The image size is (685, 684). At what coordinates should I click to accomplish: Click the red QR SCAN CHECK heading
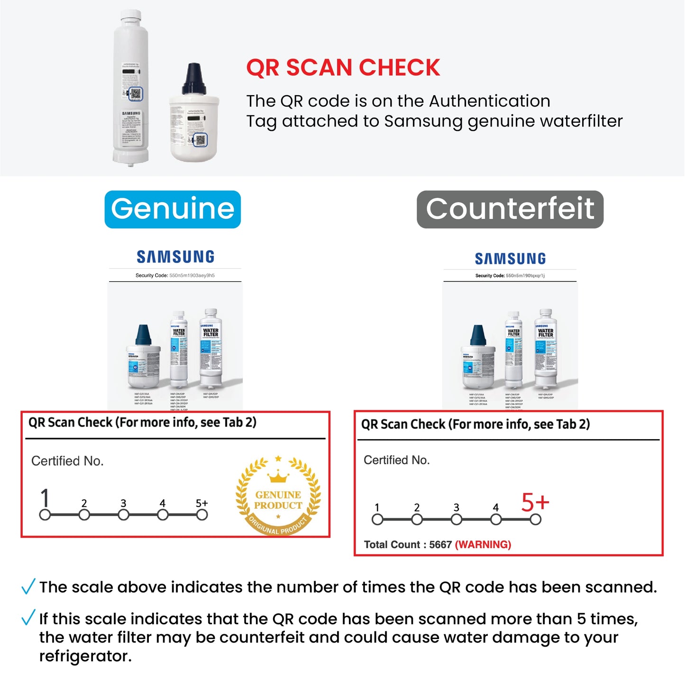point(343,68)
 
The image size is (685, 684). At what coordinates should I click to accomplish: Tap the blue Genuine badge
point(173,209)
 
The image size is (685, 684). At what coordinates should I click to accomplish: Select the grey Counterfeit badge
point(510,209)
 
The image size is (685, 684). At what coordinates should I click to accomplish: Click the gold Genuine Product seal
point(278,496)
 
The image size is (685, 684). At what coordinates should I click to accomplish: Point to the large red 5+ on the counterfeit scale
point(535,503)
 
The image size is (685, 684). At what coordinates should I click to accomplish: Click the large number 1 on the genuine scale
point(45,498)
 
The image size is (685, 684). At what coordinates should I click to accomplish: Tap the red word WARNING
point(483,545)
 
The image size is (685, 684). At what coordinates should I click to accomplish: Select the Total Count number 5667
point(440,545)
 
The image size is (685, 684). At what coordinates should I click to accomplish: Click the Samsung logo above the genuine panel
point(175,257)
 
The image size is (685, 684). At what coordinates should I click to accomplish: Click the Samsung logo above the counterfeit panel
point(510,259)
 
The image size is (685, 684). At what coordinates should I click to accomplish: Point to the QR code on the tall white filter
point(136,94)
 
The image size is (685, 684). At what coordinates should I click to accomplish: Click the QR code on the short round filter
point(201,140)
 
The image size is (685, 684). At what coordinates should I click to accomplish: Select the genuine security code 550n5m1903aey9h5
point(192,275)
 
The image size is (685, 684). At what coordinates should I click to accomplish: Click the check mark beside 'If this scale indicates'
point(28,617)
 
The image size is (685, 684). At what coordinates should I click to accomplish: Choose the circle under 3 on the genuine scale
point(123,515)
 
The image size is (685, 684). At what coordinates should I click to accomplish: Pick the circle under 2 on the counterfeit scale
point(417,520)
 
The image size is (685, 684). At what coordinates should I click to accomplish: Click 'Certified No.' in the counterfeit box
point(397,460)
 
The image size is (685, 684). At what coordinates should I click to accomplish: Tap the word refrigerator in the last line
point(84,656)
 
